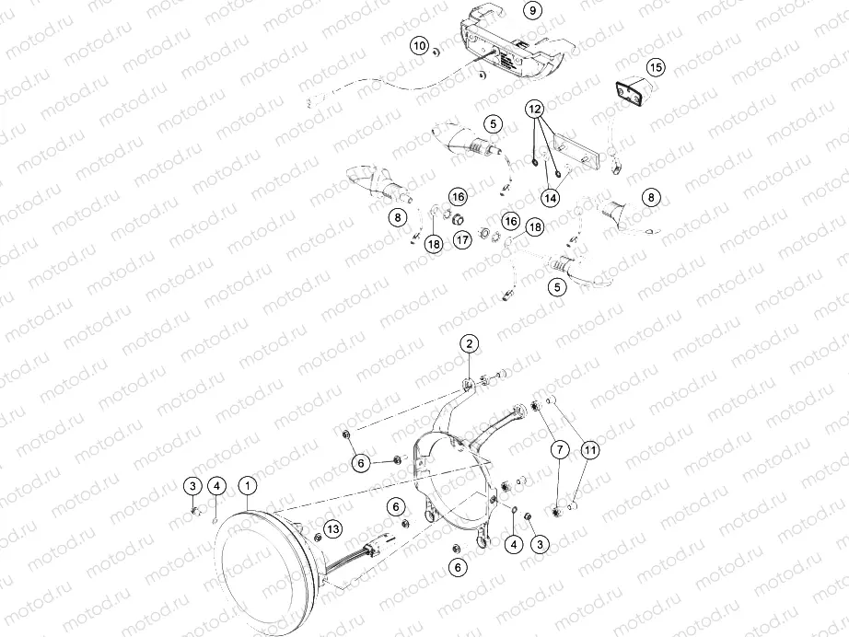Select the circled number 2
470,344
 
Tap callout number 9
531,12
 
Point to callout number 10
419,45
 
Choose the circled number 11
589,450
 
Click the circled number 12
536,109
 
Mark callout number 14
550,197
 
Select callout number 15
655,67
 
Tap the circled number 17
462,239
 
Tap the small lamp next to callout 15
631,93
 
